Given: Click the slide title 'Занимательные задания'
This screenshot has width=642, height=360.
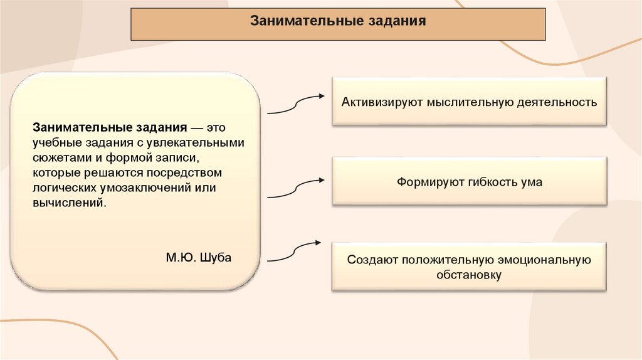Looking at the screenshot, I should [338, 21].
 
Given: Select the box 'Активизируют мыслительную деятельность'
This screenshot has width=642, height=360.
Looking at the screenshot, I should [469, 102].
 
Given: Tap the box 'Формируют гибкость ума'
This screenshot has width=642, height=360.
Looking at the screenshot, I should [469, 182].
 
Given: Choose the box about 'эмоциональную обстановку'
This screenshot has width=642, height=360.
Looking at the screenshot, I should [469, 267].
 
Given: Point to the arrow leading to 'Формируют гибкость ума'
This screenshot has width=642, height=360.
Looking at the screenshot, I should [295, 188].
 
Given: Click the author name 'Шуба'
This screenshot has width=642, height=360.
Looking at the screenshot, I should [215, 257].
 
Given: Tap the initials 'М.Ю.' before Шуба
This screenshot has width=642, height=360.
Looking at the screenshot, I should [181, 257].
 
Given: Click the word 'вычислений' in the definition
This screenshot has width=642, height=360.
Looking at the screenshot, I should [65, 203].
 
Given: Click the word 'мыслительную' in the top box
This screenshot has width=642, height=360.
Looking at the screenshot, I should [454, 102].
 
